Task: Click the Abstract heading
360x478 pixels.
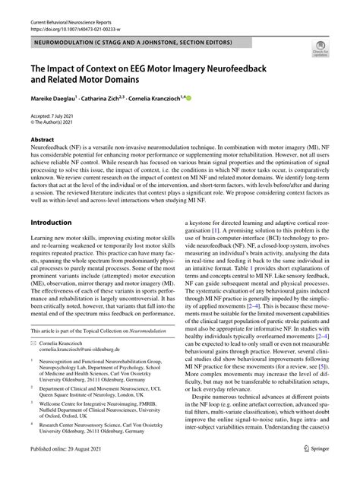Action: (42, 141)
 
